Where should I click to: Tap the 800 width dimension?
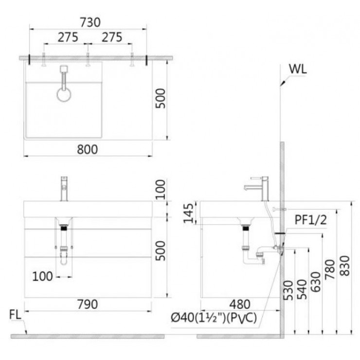click(x=88, y=149)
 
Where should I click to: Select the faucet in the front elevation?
click(x=63, y=188)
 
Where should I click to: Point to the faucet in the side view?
click(x=258, y=188)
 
